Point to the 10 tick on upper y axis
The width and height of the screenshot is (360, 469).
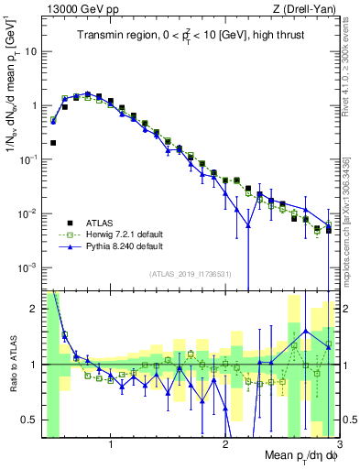pos(33,51)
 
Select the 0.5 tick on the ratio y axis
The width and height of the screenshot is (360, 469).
pos(32,420)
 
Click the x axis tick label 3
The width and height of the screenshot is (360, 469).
pos(338,444)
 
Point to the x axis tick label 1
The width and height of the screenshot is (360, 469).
pos(111,444)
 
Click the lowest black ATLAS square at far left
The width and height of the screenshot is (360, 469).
pos(53,143)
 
